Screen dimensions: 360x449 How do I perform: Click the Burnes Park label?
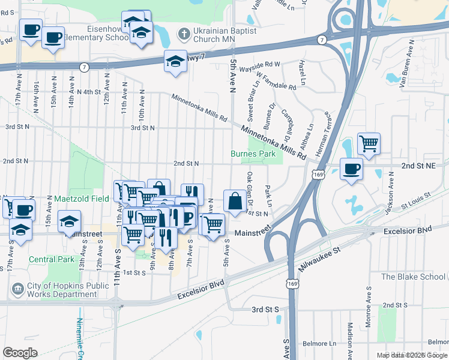[x=253, y=154]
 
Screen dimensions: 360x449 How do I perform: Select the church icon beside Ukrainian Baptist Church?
[x=184, y=32]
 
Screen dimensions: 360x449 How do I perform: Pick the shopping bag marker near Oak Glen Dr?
[x=235, y=201]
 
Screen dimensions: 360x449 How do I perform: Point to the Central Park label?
[x=50, y=259]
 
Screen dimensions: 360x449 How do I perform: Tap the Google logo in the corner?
[x=20, y=352]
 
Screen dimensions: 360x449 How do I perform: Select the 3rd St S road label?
[x=266, y=310]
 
